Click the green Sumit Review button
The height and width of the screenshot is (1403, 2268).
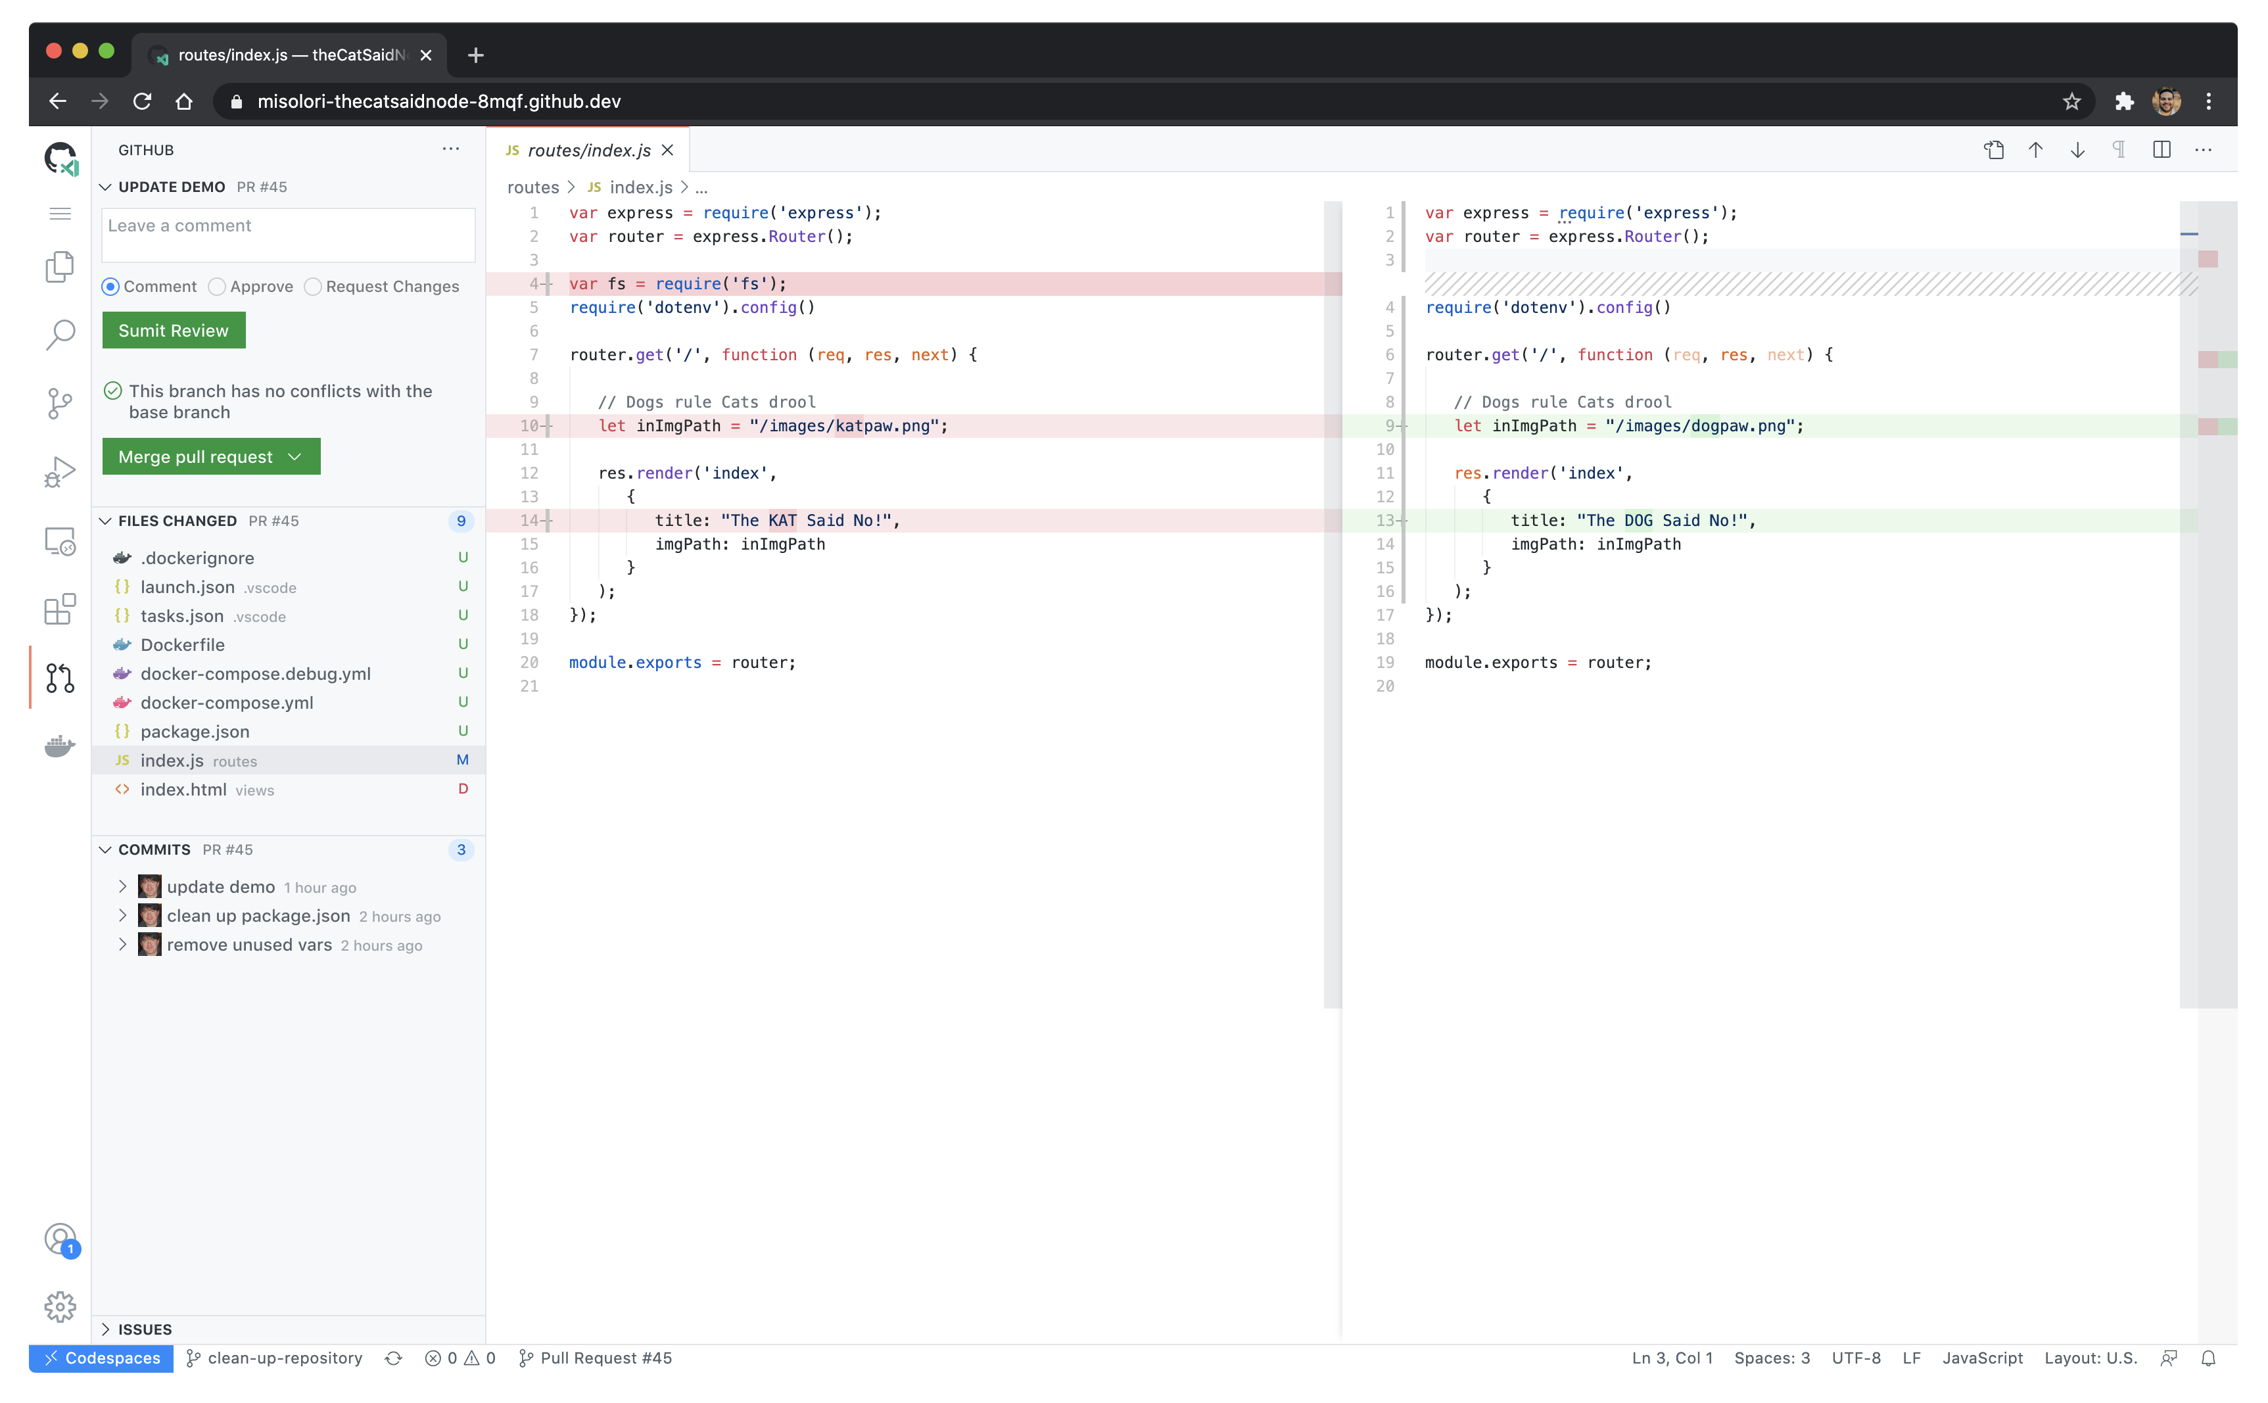(174, 330)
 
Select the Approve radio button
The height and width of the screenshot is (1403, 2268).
(217, 287)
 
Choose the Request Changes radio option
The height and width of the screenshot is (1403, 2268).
(314, 287)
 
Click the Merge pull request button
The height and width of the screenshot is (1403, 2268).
(196, 456)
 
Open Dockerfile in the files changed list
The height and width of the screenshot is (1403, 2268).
(183, 644)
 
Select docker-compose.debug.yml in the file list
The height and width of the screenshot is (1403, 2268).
(255, 674)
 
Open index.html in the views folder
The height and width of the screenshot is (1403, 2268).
(183, 789)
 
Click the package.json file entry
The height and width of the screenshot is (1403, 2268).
(195, 731)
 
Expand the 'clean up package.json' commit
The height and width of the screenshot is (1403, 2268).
(122, 916)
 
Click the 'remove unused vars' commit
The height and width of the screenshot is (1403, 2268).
(248, 945)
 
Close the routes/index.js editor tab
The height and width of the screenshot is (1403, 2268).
(667, 151)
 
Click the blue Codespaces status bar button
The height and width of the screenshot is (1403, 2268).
(101, 1358)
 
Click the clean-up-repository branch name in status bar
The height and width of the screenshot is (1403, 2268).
(284, 1358)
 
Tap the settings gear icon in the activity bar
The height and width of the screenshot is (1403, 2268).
(60, 1306)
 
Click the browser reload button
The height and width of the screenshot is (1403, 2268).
(142, 101)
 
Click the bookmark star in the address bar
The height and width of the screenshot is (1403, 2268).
(2071, 101)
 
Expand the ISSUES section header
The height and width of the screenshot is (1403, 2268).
(145, 1329)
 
